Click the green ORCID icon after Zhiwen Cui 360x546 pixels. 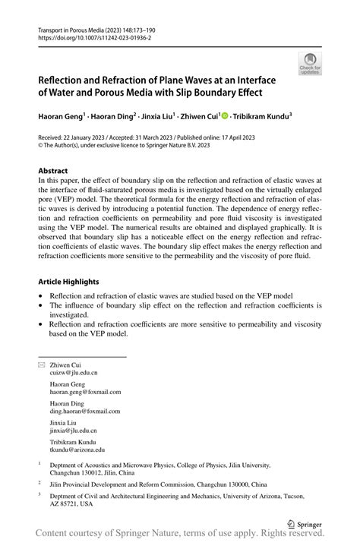pos(224,116)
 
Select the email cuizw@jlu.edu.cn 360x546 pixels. pos(74,373)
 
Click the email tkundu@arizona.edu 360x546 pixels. pos(77,449)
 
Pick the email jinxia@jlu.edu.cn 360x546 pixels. pos(75,430)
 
